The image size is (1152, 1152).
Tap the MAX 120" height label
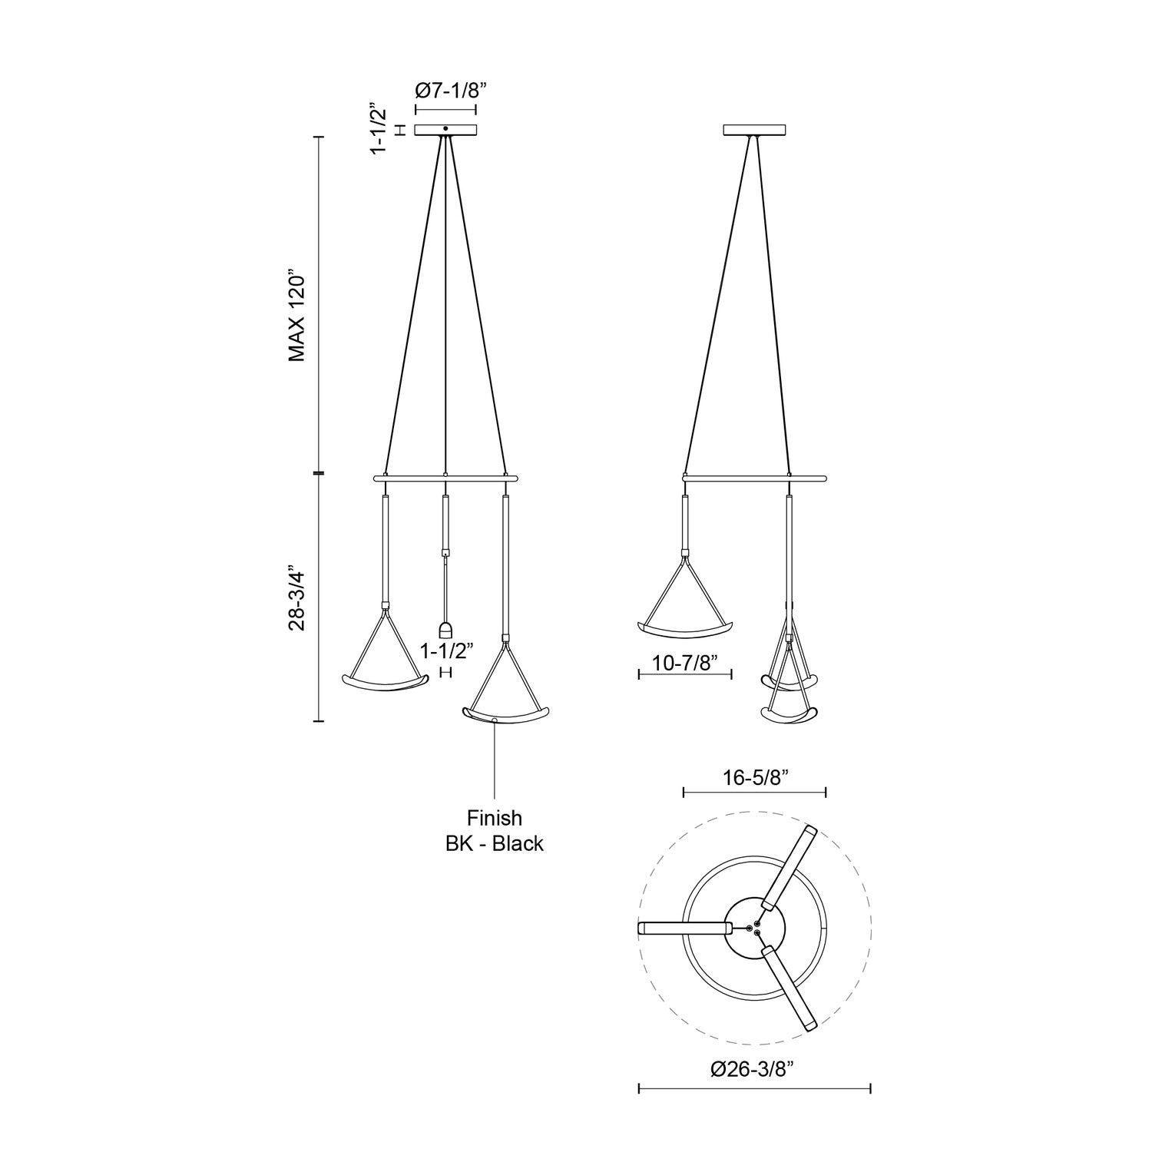click(298, 316)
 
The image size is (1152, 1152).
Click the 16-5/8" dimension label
click(754, 777)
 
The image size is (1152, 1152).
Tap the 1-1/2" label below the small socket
click(446, 650)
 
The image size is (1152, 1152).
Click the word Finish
click(494, 818)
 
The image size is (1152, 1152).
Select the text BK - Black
click(494, 843)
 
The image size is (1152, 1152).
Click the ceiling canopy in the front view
click(446, 131)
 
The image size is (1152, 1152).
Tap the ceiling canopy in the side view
click(755, 131)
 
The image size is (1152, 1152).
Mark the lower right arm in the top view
click(791, 987)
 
